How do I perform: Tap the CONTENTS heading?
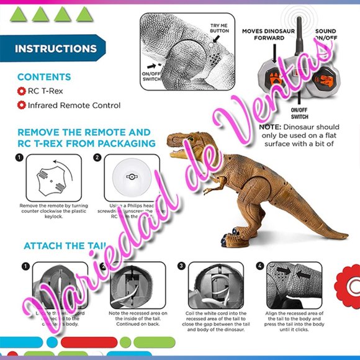(43, 77)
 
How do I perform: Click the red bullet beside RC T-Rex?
(21, 91)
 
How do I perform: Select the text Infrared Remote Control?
(74, 106)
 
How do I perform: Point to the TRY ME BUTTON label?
(219, 26)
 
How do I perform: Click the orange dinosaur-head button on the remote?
(326, 81)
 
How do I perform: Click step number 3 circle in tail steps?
(181, 266)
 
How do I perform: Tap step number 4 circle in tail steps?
(260, 266)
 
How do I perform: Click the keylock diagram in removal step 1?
(53, 178)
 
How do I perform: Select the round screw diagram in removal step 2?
(131, 178)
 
